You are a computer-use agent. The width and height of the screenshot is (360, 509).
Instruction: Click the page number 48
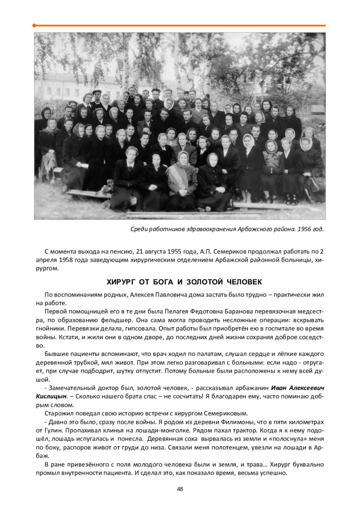(180, 489)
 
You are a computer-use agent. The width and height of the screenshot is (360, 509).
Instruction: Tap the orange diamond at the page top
(34, 25)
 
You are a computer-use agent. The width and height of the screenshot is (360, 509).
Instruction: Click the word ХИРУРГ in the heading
(121, 282)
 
